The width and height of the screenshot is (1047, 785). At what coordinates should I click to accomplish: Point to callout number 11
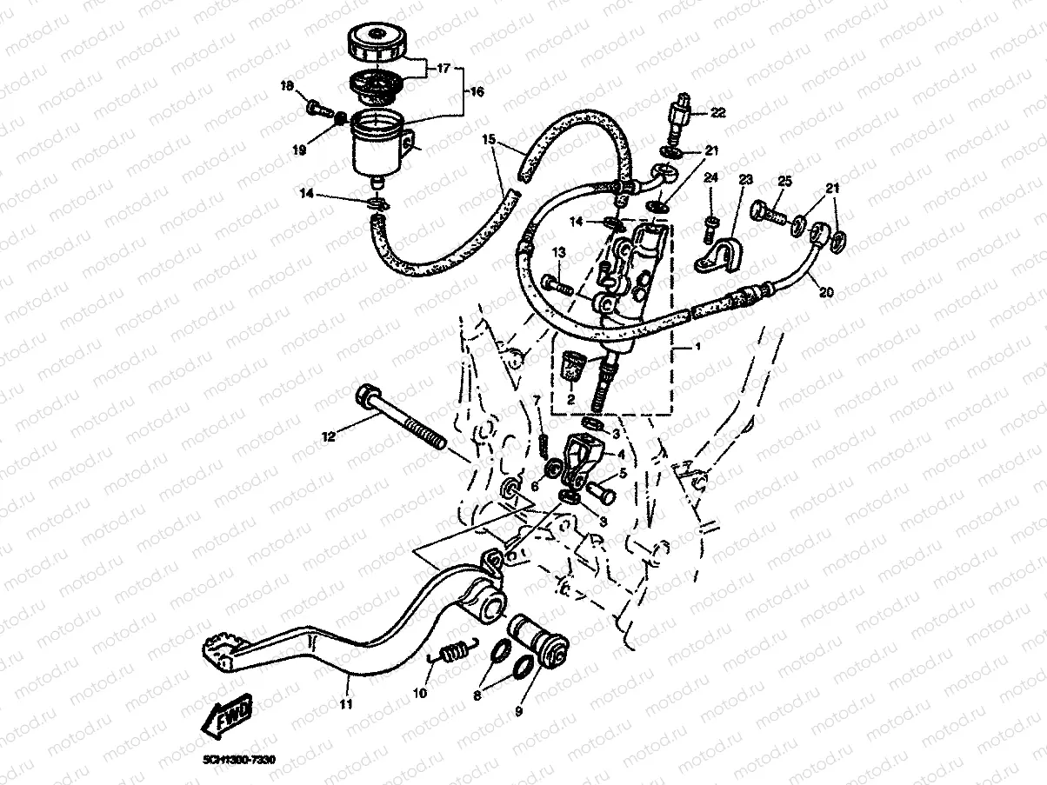346,703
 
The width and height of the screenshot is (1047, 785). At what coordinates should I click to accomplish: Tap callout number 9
518,710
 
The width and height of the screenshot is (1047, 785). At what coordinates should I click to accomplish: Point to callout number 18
288,86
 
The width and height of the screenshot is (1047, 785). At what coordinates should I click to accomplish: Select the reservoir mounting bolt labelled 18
317,110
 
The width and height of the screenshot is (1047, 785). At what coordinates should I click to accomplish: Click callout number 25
784,181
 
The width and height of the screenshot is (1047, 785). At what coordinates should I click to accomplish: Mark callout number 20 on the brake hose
825,293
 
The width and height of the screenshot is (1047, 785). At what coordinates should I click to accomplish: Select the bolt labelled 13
557,283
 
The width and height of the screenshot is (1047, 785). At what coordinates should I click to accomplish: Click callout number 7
537,399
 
